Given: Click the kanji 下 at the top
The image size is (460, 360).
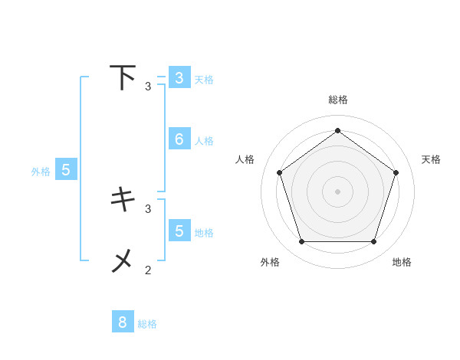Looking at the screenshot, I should click(123, 77).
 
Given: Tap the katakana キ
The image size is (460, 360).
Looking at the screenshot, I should click(123, 199).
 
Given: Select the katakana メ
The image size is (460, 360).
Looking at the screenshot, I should click(123, 261).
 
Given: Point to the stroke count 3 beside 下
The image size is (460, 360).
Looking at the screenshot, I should click(148, 87).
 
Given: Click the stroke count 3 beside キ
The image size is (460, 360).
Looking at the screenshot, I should click(148, 208).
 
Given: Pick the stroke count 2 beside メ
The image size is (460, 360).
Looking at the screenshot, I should click(148, 270).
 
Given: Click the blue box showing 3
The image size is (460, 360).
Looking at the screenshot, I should click(179, 77).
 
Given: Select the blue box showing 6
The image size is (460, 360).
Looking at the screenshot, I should click(179, 139).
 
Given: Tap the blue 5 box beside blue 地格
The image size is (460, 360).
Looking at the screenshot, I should click(179, 230).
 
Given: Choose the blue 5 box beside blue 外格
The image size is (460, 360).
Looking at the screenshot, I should click(65, 170).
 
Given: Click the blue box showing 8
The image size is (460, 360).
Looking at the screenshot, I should click(123, 322).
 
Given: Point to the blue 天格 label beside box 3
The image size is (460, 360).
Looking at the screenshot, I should click(204, 79).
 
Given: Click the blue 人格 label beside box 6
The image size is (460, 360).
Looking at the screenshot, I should click(204, 141).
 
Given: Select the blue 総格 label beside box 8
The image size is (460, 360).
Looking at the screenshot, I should click(147, 324).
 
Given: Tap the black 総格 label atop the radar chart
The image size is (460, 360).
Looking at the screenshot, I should click(338, 100).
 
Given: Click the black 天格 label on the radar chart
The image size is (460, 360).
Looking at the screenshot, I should click(431, 159).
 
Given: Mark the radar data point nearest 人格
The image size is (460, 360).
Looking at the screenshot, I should click(280, 173).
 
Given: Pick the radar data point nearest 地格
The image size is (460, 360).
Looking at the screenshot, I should click(373, 242).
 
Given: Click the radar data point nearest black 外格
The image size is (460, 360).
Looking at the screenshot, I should click(301, 242).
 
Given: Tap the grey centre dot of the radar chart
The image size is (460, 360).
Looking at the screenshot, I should click(337, 191).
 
